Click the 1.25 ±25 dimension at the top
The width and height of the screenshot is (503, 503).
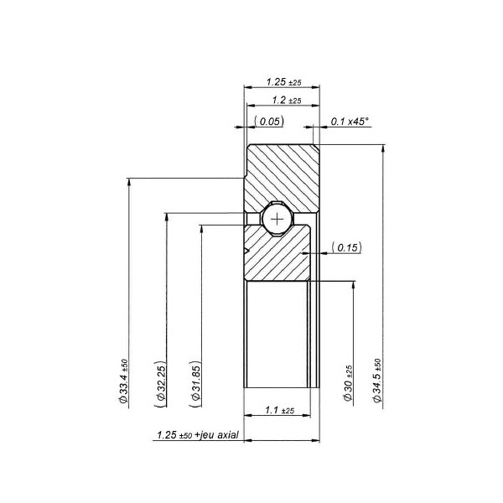[x=283, y=82]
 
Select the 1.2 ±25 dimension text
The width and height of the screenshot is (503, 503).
[x=283, y=101]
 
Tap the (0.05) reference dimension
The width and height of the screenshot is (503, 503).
[x=269, y=122]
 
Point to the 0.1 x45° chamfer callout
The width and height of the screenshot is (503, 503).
[x=350, y=122]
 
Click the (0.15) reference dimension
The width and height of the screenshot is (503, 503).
[x=345, y=247]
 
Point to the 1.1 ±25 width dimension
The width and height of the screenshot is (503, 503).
[x=278, y=411]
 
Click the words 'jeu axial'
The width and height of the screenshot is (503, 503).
[x=221, y=436]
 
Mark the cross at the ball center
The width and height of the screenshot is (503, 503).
[x=277, y=218]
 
